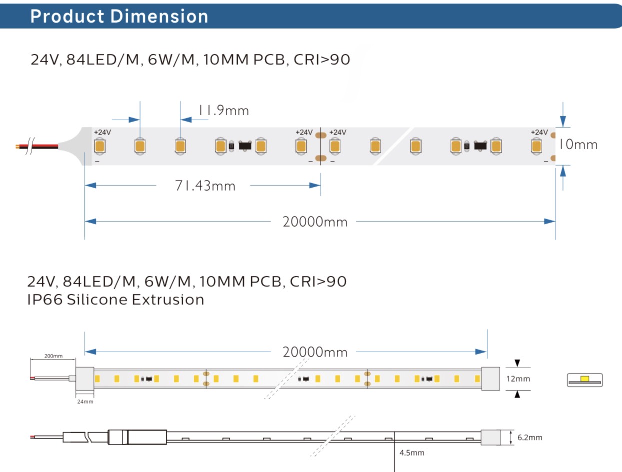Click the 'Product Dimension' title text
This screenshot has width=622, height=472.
click(x=119, y=16)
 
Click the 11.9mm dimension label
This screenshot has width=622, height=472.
click(x=224, y=110)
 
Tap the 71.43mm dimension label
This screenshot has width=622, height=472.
click(x=205, y=186)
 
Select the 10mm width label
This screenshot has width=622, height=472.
click(x=578, y=145)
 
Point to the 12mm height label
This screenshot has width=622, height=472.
click(x=518, y=379)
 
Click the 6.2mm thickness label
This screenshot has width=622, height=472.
click(x=530, y=437)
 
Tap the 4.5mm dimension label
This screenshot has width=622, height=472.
click(x=412, y=453)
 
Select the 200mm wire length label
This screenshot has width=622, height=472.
click(x=53, y=356)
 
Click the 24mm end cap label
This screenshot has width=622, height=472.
click(x=85, y=401)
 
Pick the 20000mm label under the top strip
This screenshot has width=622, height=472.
click(x=315, y=222)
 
